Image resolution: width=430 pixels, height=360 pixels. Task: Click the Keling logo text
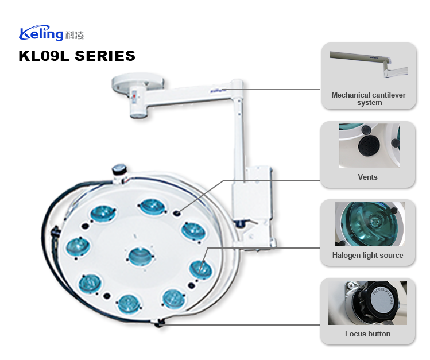point(41,34)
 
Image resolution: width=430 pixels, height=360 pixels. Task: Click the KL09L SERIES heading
point(77,56)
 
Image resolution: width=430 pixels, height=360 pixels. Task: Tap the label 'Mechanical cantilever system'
point(367,99)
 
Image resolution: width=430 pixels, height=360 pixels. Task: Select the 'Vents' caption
point(367,177)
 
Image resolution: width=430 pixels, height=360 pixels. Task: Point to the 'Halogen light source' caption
point(367,255)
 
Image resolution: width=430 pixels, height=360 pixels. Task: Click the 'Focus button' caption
point(367,334)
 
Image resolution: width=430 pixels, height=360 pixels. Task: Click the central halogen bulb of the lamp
point(138,256)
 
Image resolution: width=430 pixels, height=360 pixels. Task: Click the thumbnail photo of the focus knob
point(367,303)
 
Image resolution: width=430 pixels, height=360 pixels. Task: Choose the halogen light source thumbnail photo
point(367,224)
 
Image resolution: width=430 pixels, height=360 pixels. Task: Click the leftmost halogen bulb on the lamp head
point(77,247)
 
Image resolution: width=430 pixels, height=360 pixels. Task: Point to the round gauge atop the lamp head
point(119,169)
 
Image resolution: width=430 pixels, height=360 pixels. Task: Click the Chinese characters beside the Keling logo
point(75,36)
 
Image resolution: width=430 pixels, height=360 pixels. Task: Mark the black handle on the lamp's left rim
point(56,233)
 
